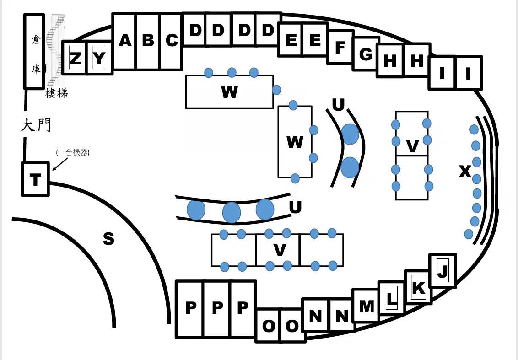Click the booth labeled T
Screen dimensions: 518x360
coord(35,179)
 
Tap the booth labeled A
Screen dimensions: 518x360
coord(124,42)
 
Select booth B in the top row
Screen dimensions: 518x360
coord(148,42)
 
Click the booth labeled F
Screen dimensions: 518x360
coord(340,47)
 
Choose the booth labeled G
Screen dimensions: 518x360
coord(365,54)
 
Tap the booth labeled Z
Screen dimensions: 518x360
coord(76,58)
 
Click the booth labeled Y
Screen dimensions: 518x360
coord(99,58)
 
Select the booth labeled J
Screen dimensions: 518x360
coord(442,270)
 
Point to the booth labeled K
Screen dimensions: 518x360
coord(418,287)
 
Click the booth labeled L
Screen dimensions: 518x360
coord(391,298)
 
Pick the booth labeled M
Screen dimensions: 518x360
coord(367,306)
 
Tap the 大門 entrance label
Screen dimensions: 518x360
coord(36,125)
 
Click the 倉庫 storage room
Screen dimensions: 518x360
coord(34,51)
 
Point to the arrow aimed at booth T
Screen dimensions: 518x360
coord(60,164)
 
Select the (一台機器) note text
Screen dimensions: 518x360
coord(73,153)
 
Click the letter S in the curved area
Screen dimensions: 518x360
coord(109,238)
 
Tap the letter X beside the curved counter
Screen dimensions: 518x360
coord(465,172)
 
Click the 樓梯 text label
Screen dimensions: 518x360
coord(56,93)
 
